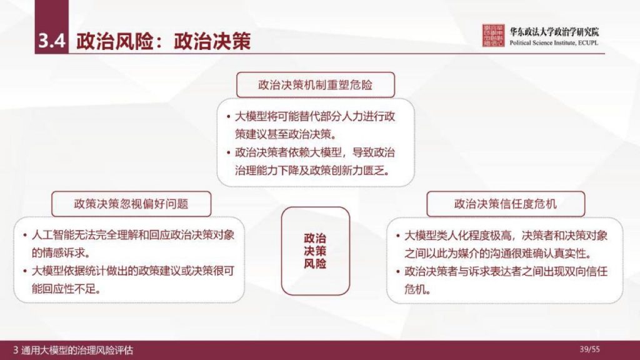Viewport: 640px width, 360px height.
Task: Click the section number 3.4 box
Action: click(x=51, y=41)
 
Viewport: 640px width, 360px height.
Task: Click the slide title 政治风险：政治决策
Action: click(x=163, y=41)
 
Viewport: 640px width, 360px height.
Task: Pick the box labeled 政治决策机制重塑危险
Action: click(x=315, y=84)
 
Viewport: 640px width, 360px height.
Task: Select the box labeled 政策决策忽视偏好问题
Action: click(x=131, y=204)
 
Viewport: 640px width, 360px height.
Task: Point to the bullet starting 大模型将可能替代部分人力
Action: click(x=315, y=124)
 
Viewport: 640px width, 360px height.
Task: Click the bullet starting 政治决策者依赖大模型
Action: click(x=315, y=161)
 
